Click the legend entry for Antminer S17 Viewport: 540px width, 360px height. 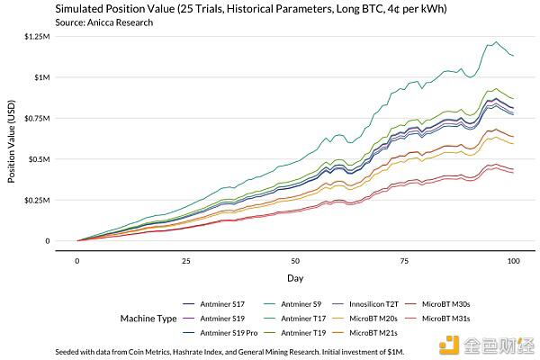coord(220,303)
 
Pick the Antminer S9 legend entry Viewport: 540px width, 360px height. coord(301,303)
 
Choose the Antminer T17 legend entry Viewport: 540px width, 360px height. coord(302,318)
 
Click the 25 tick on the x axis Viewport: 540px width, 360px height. coord(186,260)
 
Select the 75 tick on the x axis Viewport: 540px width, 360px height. coord(405,260)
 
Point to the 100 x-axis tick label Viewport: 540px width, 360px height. coord(514,260)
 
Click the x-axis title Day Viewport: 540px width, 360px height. coord(295,277)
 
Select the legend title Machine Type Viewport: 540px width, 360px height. coord(148,318)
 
